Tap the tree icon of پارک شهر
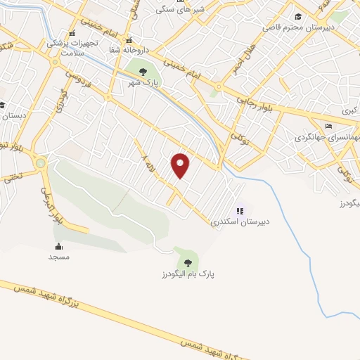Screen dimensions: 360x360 [x=143, y=72]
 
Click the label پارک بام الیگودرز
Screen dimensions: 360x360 [x=186, y=274]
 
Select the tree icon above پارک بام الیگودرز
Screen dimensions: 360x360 [x=187, y=262]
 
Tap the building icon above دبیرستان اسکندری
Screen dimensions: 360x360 [x=240, y=210]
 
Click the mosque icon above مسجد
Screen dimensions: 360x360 [x=58, y=246]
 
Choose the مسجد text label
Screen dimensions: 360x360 [x=58, y=257]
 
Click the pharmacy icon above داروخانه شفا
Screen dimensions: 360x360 [x=128, y=39]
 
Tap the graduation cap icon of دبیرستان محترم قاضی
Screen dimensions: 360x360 [x=298, y=16]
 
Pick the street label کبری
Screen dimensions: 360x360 [x=349, y=110]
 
